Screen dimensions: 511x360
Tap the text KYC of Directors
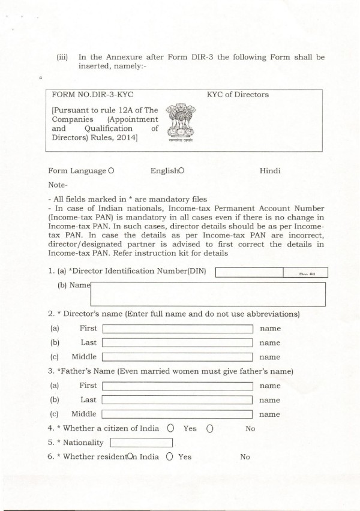(x=238, y=95)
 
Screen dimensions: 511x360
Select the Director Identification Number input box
(x=248, y=272)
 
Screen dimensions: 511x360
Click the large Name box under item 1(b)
(x=208, y=294)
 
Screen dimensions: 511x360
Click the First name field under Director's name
(x=178, y=329)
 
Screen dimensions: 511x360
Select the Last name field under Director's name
(x=178, y=342)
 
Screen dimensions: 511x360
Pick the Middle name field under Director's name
(x=178, y=357)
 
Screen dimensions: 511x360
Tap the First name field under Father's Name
(x=178, y=386)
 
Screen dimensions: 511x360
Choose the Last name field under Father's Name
(x=178, y=400)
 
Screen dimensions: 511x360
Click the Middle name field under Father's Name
(x=178, y=414)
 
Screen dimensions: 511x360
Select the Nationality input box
(x=142, y=443)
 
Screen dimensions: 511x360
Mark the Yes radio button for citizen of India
(x=171, y=429)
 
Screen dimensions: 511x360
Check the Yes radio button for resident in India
(x=170, y=457)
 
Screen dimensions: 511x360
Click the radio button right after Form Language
(x=112, y=171)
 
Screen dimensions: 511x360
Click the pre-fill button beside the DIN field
(x=305, y=272)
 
